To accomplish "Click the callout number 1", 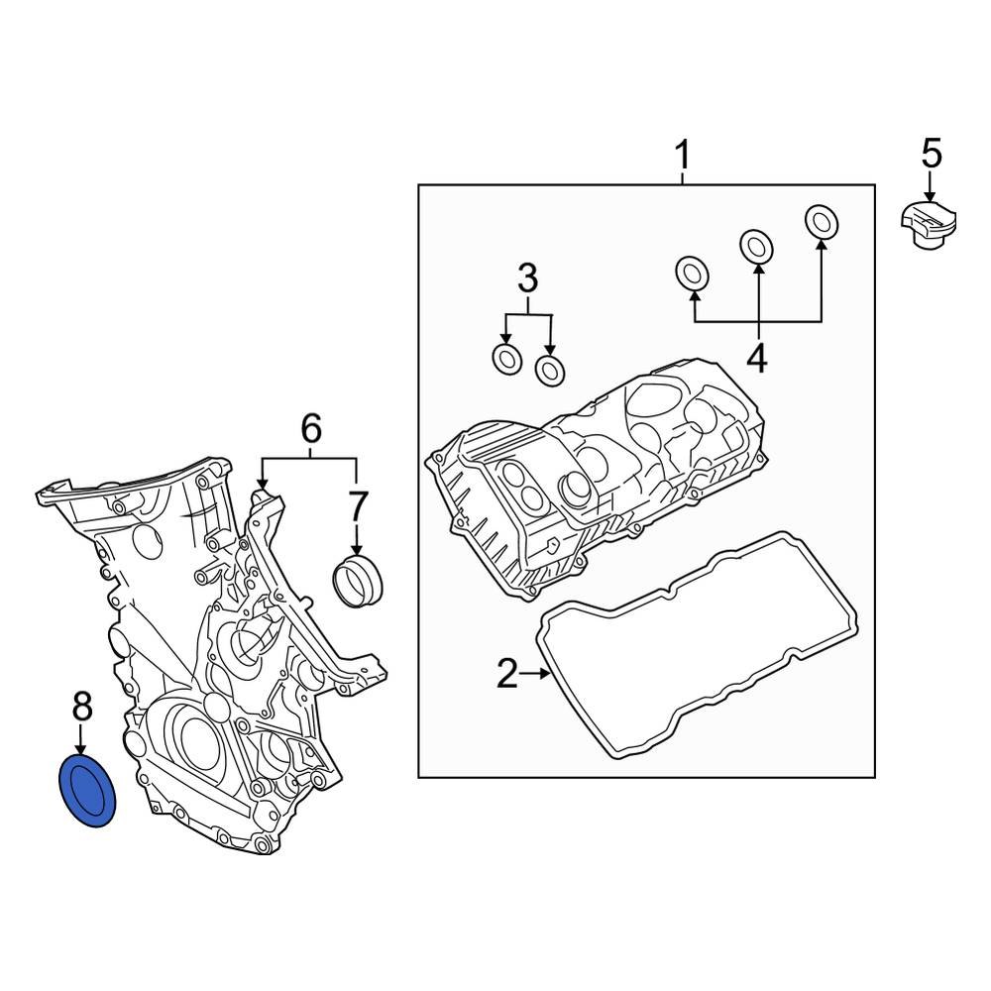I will pos(682,156).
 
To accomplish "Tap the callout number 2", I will pos(506,675).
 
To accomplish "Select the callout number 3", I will pos(527,280).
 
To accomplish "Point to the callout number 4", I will pos(757,358).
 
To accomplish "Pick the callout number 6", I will pos(310,428).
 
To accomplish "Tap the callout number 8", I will pos(81,707).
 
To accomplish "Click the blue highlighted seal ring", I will pos(88,790).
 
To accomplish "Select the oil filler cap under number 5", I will pos(930,224).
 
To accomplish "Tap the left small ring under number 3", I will pos(506,360).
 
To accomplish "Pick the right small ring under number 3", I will pos(550,370).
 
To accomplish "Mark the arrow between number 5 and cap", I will pos(931,185).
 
